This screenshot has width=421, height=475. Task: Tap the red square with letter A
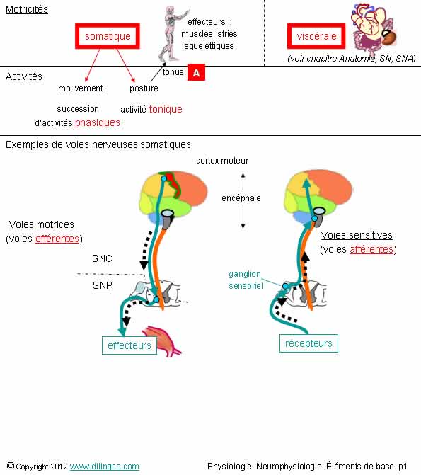(x=196, y=72)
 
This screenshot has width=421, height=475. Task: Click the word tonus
(x=173, y=72)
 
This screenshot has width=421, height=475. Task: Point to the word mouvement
(x=81, y=88)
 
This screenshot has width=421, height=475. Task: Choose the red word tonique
(x=166, y=109)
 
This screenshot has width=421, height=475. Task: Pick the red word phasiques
(x=98, y=122)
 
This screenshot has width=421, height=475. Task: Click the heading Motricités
(x=27, y=9)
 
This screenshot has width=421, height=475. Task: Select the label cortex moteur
(x=222, y=161)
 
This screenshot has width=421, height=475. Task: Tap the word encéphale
(x=241, y=198)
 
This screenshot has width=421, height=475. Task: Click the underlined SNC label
(x=102, y=258)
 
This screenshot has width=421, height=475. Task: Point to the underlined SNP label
(x=103, y=285)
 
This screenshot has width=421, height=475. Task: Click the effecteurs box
(x=129, y=345)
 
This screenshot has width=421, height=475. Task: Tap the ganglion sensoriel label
(x=246, y=280)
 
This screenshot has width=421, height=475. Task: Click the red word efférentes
(x=57, y=239)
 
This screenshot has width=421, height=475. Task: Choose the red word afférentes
(x=371, y=249)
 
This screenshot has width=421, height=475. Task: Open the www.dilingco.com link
(x=105, y=467)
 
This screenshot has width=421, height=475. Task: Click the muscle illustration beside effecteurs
(x=162, y=340)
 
